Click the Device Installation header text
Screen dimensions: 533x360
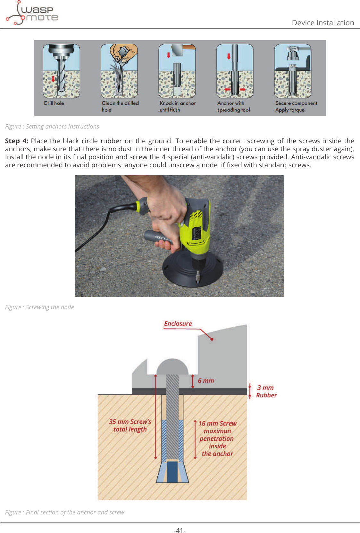(x=322, y=23)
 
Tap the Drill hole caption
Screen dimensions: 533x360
(x=54, y=103)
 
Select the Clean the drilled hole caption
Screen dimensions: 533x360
(x=120, y=106)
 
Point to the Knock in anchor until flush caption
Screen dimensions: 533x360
(x=177, y=106)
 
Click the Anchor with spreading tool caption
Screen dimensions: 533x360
(x=233, y=106)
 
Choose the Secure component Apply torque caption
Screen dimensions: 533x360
(x=296, y=106)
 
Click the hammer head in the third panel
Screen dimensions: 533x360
(x=177, y=50)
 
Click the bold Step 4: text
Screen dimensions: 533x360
(x=16, y=141)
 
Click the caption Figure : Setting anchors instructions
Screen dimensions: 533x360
(x=52, y=127)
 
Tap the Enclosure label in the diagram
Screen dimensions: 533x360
(x=178, y=324)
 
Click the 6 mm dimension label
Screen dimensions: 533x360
(x=205, y=381)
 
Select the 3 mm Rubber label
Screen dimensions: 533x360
(x=266, y=391)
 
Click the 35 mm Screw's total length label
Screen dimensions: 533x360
(x=130, y=426)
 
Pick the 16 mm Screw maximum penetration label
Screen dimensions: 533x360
(x=217, y=438)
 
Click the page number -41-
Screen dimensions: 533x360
(x=180, y=530)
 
